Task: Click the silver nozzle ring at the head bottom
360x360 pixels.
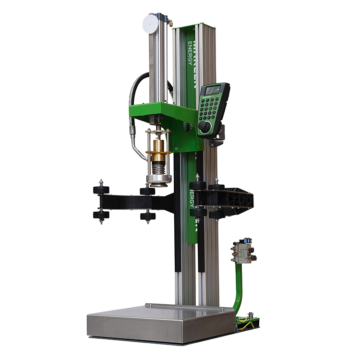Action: [x=158, y=180]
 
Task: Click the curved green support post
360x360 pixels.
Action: [x=238, y=288]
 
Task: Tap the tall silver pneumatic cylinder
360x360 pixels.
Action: [x=157, y=62]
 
